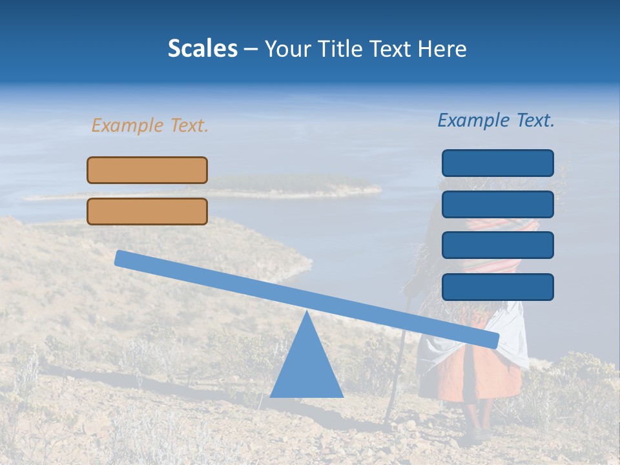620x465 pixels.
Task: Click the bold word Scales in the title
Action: tap(202, 48)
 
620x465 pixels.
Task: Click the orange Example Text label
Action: tap(150, 125)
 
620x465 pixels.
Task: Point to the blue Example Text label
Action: tap(496, 120)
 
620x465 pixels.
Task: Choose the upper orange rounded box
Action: tap(147, 170)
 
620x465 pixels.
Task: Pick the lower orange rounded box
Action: tap(147, 211)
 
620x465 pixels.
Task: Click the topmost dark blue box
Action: tap(497, 163)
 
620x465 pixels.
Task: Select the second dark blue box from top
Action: tap(497, 204)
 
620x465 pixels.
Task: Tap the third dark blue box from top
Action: tap(497, 245)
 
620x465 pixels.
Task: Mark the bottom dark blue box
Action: tap(497, 287)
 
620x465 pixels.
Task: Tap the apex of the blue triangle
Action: tap(306, 314)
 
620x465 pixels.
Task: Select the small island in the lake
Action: tap(291, 185)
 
